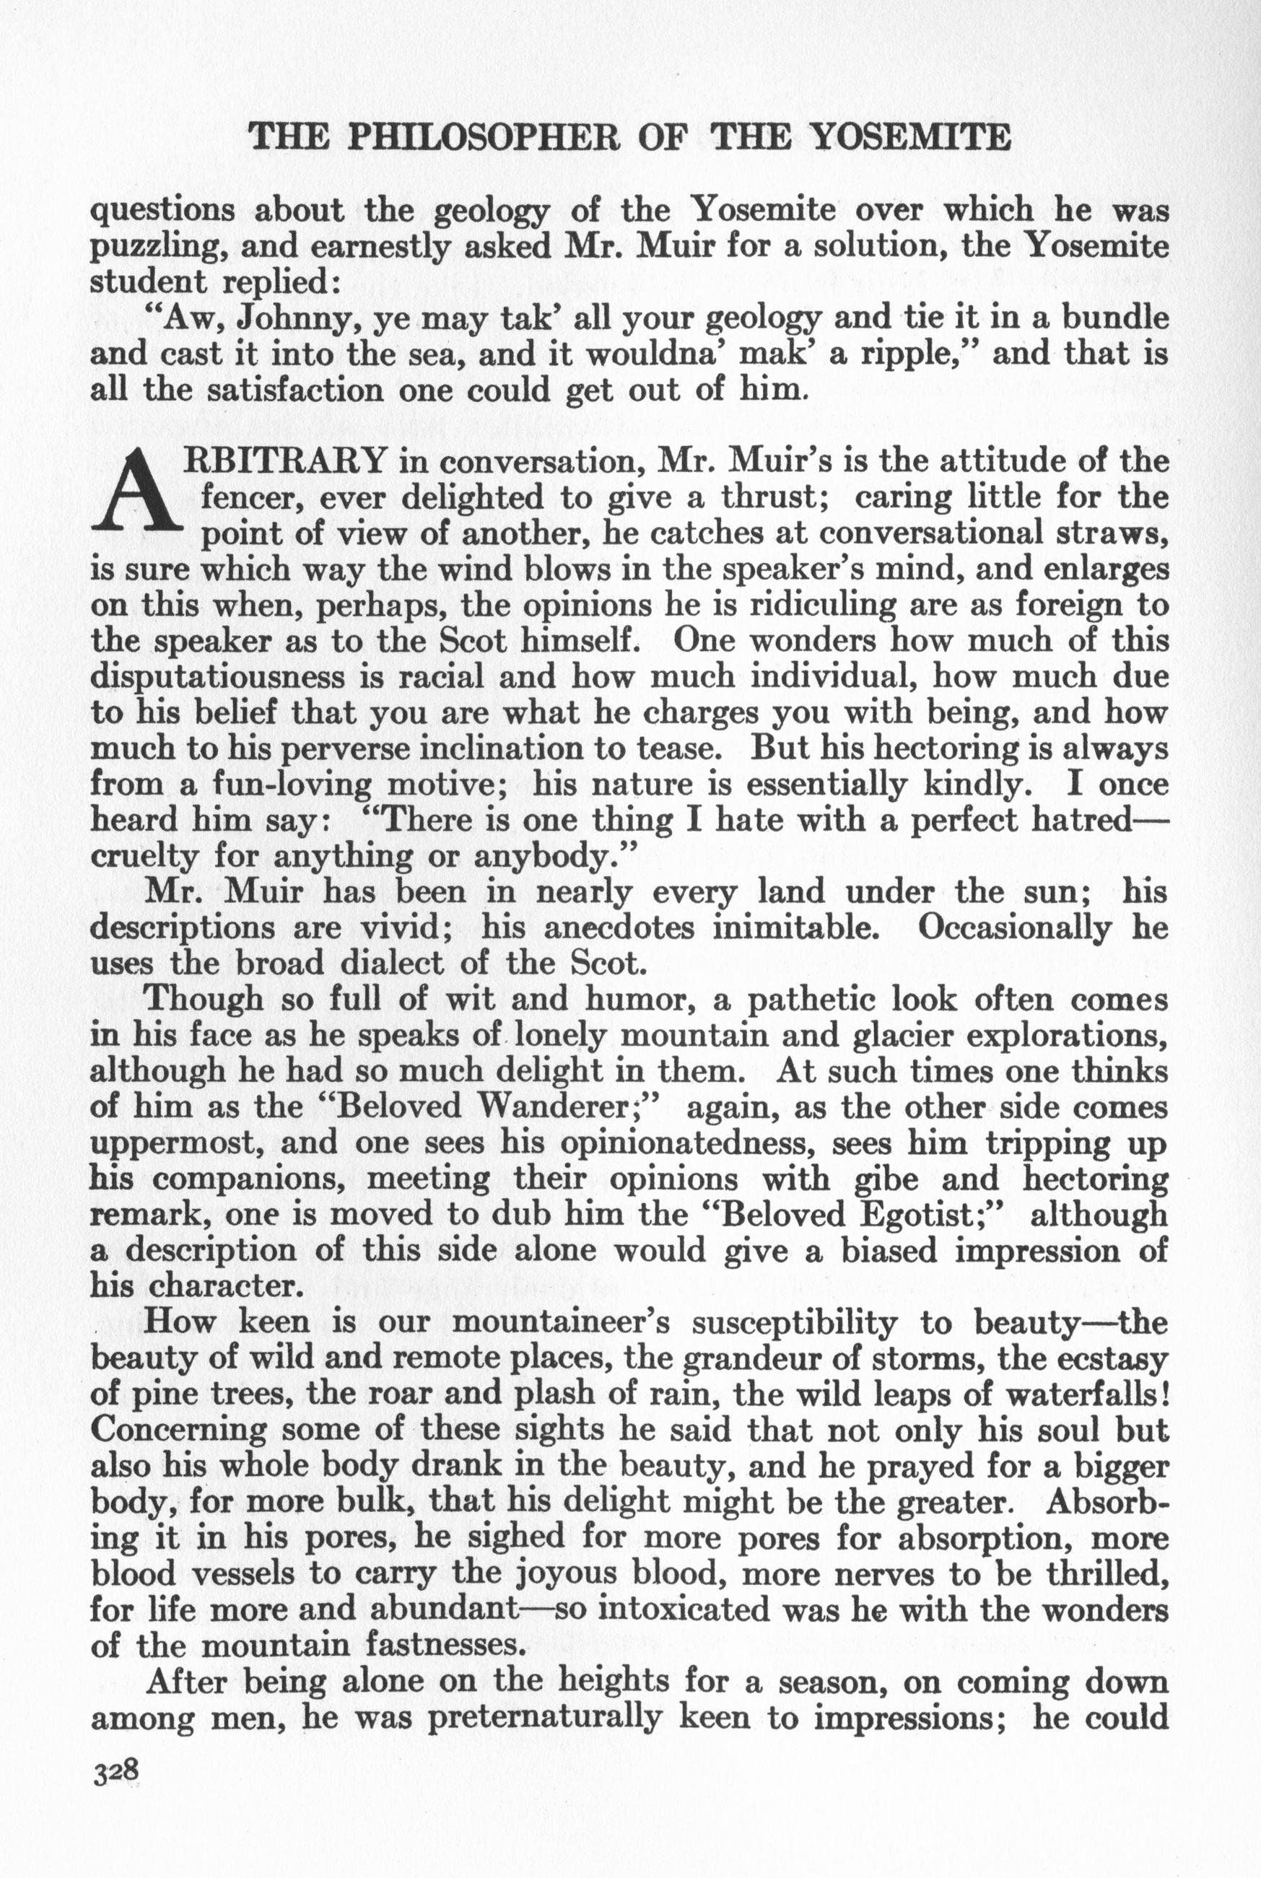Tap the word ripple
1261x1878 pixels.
[915, 354]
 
